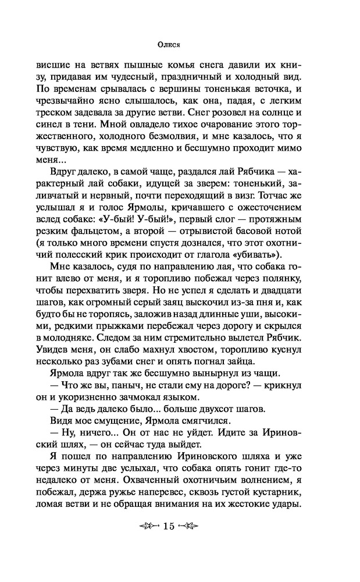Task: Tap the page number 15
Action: [169, 527]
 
